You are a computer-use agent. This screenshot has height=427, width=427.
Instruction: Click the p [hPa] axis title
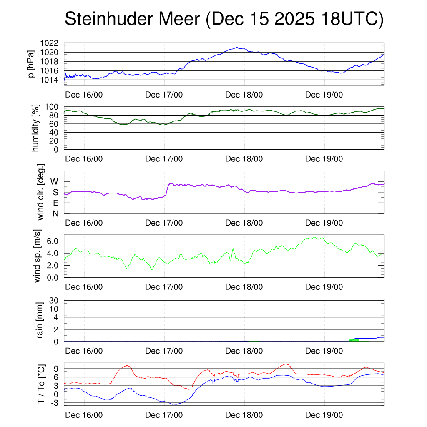[30, 64]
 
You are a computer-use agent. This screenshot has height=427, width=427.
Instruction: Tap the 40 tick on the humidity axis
[57, 133]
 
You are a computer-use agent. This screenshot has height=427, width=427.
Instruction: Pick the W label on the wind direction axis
[54, 181]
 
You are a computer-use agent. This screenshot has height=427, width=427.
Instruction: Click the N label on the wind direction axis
[55, 213]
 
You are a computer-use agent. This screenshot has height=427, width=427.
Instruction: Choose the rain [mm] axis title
[40, 320]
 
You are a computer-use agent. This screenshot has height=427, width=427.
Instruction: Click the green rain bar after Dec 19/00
[354, 340]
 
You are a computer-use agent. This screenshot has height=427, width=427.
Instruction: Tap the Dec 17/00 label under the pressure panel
[164, 95]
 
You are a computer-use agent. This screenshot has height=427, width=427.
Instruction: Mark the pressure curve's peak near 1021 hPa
[237, 48]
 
